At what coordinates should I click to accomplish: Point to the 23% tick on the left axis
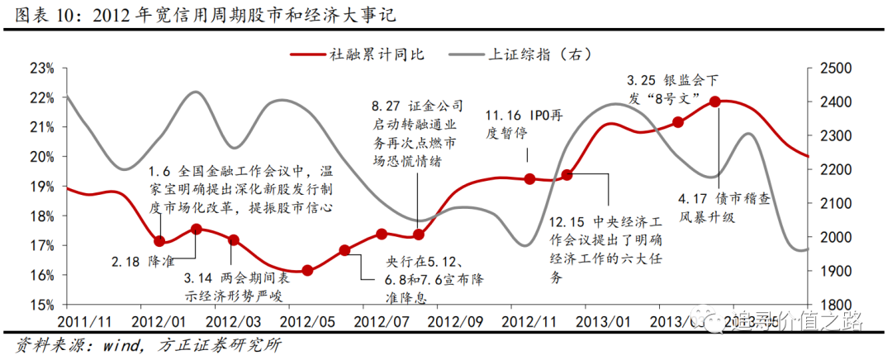point(41,68)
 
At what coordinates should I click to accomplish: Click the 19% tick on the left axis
point(41,187)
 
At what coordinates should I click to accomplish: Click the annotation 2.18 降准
point(140,260)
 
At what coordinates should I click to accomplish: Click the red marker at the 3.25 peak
point(715,102)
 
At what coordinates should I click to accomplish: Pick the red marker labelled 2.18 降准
point(160,241)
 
